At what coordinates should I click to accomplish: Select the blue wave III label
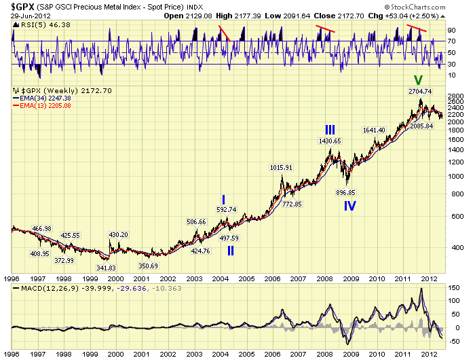(330, 129)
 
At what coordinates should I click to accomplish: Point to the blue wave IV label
(349, 205)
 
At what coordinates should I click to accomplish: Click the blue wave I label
(223, 199)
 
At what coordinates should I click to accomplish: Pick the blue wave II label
(231, 250)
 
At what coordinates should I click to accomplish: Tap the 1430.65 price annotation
(330, 141)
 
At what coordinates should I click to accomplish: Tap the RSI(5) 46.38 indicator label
(34, 24)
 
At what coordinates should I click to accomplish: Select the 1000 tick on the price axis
(455, 177)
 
